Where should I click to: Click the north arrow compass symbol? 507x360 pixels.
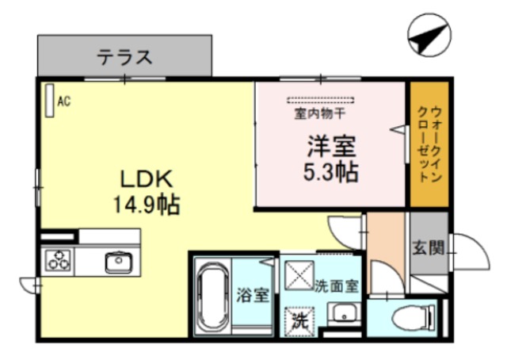pyautogui.click(x=430, y=35)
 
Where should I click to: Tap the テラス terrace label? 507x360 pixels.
pyautogui.click(x=124, y=57)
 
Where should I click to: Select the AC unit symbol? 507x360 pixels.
pyautogui.click(x=49, y=100)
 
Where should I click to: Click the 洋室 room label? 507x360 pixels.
pyautogui.click(x=332, y=146)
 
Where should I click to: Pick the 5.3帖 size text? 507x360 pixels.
pyautogui.click(x=332, y=170)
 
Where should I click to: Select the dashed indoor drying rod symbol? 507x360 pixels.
pyautogui.click(x=320, y=101)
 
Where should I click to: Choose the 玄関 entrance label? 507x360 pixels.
pyautogui.click(x=427, y=247)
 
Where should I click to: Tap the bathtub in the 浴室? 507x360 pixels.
pyautogui.click(x=213, y=300)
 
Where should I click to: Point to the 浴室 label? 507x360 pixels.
pyautogui.click(x=253, y=296)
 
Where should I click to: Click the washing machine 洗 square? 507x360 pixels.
pyautogui.click(x=299, y=321)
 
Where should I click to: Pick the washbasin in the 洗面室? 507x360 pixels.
pyautogui.click(x=343, y=314)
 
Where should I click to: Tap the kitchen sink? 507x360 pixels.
pyautogui.click(x=118, y=260)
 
